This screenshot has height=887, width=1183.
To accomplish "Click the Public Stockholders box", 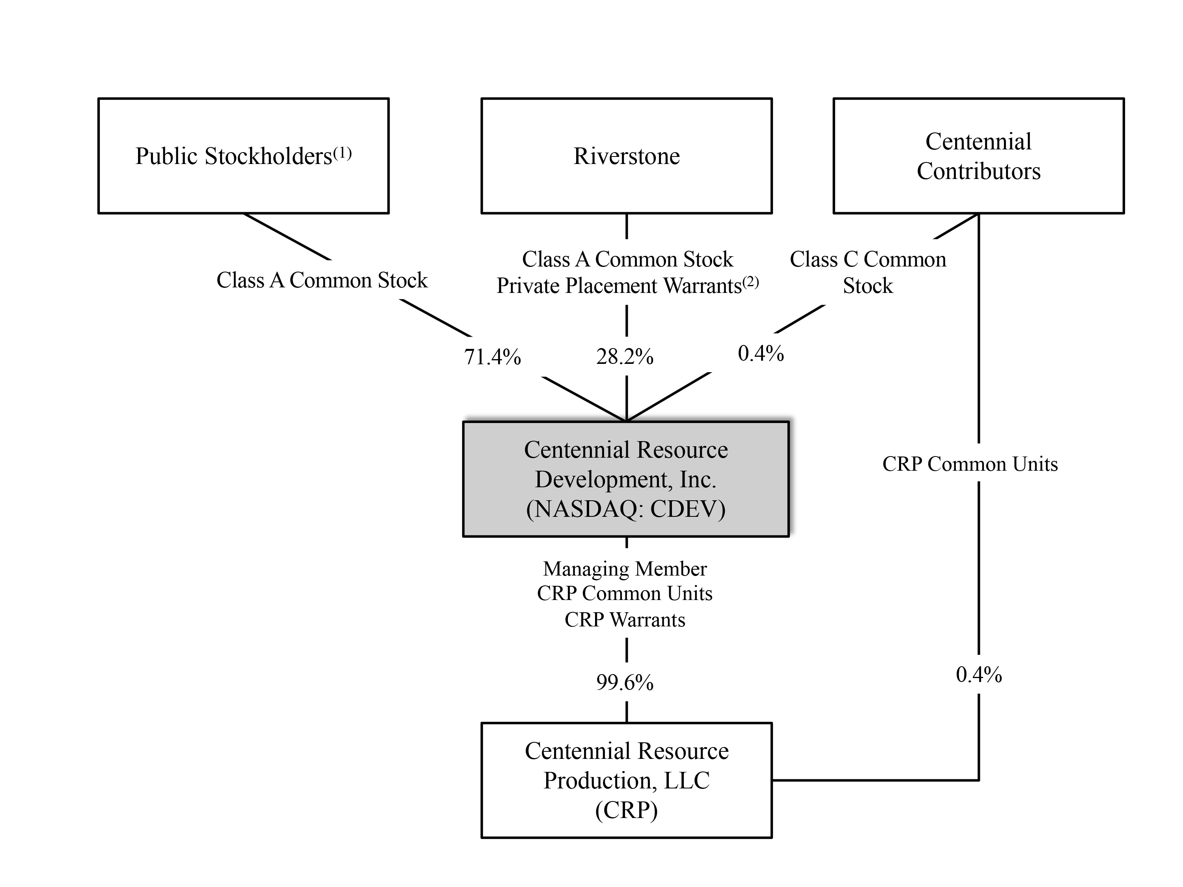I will tap(243, 156).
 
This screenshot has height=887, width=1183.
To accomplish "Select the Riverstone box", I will tap(626, 156).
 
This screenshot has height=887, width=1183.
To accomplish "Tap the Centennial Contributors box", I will tap(978, 156).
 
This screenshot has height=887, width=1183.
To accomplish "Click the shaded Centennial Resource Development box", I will tap(626, 479).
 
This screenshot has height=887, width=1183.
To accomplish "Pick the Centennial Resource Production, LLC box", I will tap(626, 780).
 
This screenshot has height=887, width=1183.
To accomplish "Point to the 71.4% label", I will tap(492, 357).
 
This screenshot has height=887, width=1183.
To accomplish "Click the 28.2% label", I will tap(625, 357).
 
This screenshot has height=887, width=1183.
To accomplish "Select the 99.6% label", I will tap(625, 683).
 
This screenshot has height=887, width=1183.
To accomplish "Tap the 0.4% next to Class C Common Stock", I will tap(761, 353).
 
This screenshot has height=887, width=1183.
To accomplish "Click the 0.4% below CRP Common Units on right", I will tap(978, 675).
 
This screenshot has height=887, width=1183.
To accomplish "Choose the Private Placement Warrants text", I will tap(619, 286).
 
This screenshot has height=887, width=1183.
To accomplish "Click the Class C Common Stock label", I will tap(868, 272).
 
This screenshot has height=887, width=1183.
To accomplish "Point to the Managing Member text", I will tap(625, 569).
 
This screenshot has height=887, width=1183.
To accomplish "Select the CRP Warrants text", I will tap(625, 620).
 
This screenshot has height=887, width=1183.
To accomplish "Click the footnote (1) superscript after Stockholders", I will tap(342, 153).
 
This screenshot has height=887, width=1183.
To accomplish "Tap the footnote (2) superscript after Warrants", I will tap(750, 282).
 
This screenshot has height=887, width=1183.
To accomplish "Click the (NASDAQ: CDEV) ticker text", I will tap(626, 509).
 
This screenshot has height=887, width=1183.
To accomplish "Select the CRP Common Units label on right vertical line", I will tap(970, 464).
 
